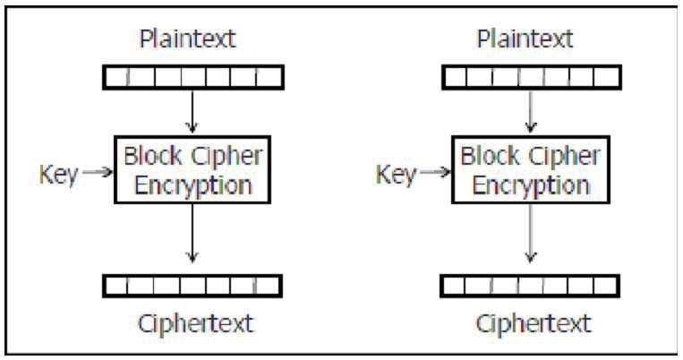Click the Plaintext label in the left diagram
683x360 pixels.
coord(192,39)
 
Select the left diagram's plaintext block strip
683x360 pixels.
coord(192,78)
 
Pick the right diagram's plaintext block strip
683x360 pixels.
coord(532,78)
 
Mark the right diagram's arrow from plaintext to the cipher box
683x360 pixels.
coord(532,112)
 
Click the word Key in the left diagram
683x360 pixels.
coord(58,174)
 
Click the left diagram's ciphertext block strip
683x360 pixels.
coord(192,286)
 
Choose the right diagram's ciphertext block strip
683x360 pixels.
coord(532,286)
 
